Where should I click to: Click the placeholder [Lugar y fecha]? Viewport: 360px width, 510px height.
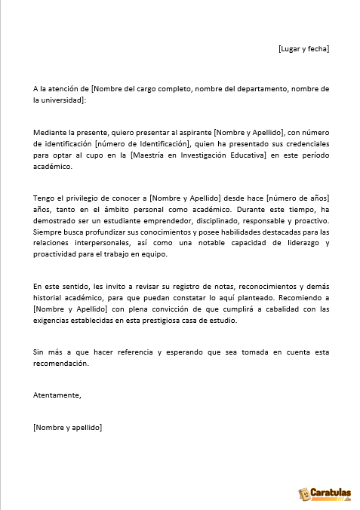click(303, 49)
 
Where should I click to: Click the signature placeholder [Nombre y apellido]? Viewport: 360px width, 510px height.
click(68, 427)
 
